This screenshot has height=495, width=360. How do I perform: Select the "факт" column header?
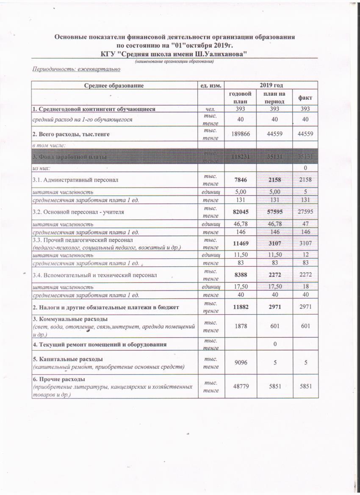[x=303, y=98]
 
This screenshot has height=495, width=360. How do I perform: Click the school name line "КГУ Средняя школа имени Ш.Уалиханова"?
[x=174, y=54]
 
